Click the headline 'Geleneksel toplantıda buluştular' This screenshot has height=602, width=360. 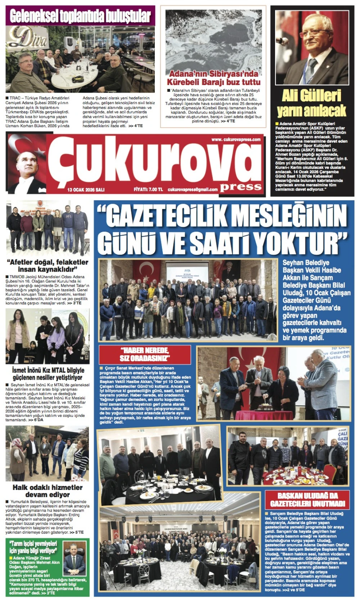pyautogui.click(x=80, y=16)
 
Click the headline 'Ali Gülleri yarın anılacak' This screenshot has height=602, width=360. pyautogui.click(x=312, y=103)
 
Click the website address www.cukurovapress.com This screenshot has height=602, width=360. pyautogui.click(x=236, y=139)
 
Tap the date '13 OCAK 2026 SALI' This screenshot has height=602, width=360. pyautogui.click(x=86, y=189)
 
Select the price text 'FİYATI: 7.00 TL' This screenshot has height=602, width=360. pyautogui.click(x=148, y=189)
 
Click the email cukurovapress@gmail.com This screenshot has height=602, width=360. pyautogui.click(x=193, y=189)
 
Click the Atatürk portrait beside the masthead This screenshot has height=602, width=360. pyautogui.click(x=27, y=164)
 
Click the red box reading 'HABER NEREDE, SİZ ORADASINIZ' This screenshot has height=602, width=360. pyautogui.click(x=145, y=354)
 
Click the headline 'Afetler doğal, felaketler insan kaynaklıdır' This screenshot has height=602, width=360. pyautogui.click(x=48, y=266)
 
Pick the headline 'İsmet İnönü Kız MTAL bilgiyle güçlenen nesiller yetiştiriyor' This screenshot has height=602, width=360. pyautogui.click(x=48, y=374)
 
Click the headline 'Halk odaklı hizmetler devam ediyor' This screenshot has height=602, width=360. pyautogui.click(x=48, y=491)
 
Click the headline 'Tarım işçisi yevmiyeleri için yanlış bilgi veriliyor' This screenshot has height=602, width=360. pyautogui.click(x=33, y=547)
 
